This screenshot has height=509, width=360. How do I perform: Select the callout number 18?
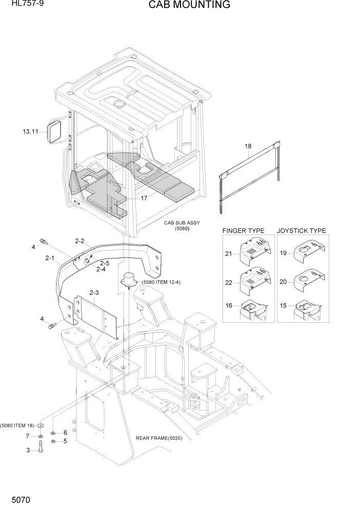point(248,146)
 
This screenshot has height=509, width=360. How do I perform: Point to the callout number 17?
point(144,198)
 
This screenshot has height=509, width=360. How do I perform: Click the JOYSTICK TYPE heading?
point(302,231)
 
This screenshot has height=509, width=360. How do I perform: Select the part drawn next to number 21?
point(254,251)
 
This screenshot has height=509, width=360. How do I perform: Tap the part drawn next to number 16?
point(253,310)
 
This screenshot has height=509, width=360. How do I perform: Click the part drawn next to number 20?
point(308,280)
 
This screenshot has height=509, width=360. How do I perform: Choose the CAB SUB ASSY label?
point(182,223)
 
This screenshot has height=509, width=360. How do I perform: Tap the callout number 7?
point(28,436)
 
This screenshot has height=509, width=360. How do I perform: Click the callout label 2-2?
point(79,240)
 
